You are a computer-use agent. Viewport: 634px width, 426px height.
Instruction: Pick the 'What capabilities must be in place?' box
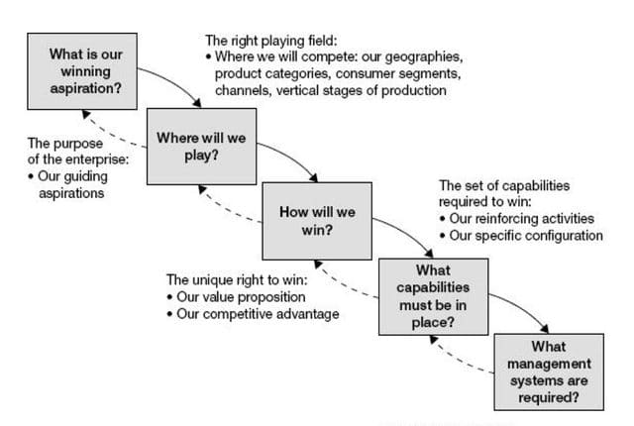pyautogui.click(x=432, y=295)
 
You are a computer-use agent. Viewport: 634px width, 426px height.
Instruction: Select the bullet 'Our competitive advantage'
pyautogui.click(x=257, y=314)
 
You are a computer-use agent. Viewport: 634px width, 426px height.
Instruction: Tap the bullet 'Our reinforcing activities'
pyautogui.click(x=522, y=218)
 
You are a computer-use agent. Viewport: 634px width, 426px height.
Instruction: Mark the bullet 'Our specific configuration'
pyautogui.click(x=526, y=235)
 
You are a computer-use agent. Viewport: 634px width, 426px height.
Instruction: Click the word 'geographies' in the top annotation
pyautogui.click(x=427, y=57)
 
